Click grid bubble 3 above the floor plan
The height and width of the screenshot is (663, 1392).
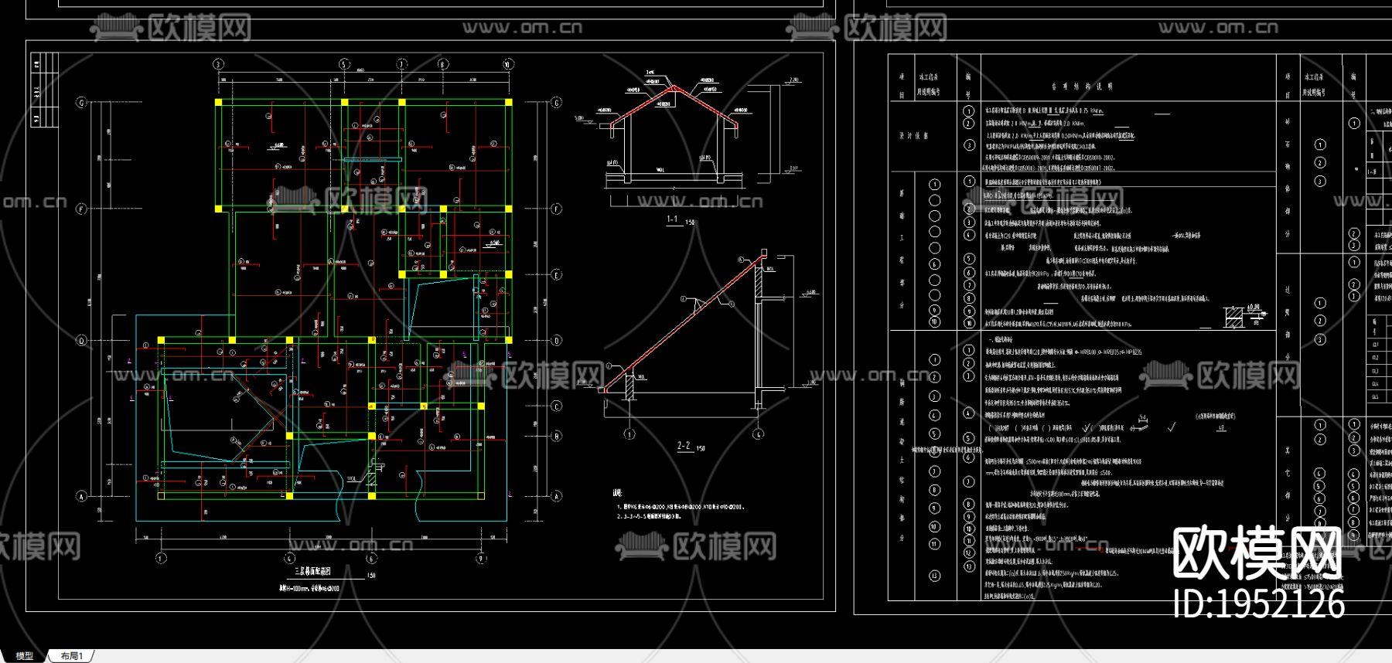(x=218, y=64)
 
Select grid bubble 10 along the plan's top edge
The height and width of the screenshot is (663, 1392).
(x=508, y=64)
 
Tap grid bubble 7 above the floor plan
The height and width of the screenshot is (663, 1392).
(x=401, y=64)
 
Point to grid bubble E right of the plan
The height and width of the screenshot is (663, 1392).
(x=557, y=275)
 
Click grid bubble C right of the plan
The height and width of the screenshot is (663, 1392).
(x=557, y=406)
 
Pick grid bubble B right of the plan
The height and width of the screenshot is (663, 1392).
(x=557, y=437)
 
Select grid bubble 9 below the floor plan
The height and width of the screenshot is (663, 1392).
(x=481, y=558)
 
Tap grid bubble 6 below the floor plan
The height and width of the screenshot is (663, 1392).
(x=371, y=558)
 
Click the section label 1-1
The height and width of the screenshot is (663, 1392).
(x=672, y=219)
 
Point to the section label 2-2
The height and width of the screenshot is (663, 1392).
(x=684, y=446)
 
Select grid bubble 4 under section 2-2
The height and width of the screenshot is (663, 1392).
(x=759, y=434)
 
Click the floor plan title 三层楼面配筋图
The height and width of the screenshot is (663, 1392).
(x=312, y=572)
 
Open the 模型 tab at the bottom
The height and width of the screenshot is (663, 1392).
(x=25, y=656)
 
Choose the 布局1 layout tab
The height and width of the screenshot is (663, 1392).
(x=72, y=656)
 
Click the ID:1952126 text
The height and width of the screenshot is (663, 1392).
(x=1259, y=603)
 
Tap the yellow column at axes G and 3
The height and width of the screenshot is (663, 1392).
(x=219, y=102)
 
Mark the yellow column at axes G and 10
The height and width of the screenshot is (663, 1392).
(x=508, y=102)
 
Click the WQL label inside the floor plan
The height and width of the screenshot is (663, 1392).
(x=353, y=479)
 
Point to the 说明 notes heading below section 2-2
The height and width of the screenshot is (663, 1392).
(x=617, y=492)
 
